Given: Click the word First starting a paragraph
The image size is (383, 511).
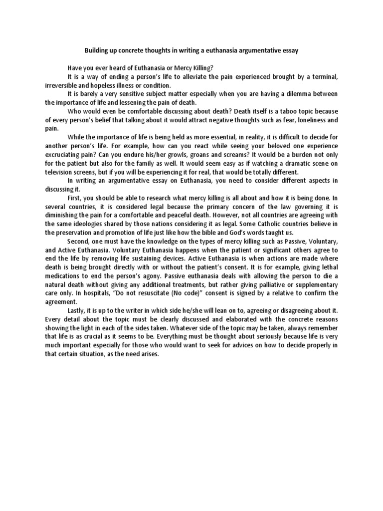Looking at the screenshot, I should pos(74,198).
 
